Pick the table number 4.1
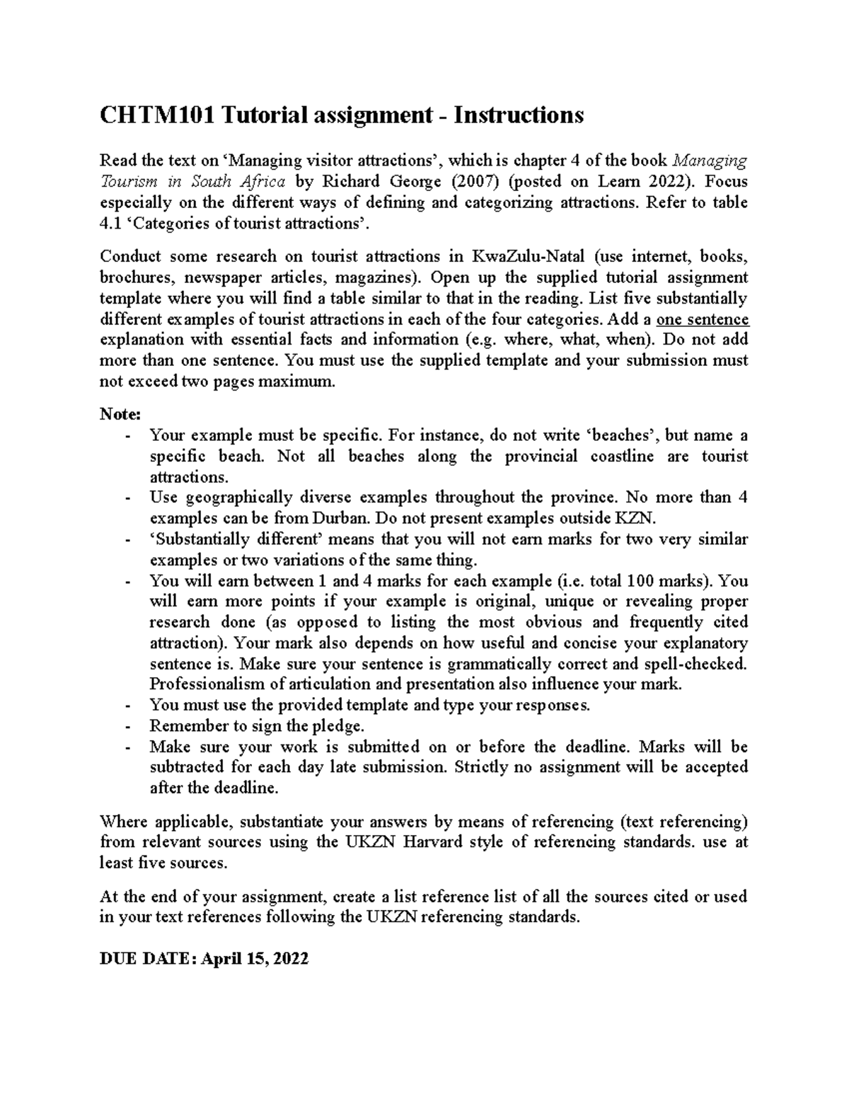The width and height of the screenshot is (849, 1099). [x=111, y=224]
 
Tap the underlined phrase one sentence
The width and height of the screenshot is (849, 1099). [x=703, y=318]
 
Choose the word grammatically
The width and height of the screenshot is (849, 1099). [x=506, y=664]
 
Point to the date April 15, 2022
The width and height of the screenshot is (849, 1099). [x=255, y=959]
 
